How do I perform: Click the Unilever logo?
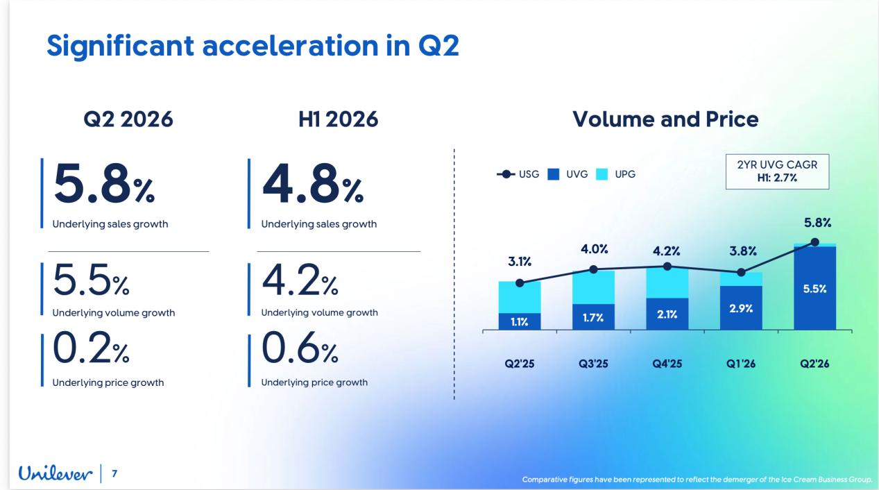click(56, 473)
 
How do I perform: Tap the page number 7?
click(114, 473)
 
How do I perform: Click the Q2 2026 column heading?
click(128, 119)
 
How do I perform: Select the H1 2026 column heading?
click(339, 119)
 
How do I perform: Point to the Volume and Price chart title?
click(665, 119)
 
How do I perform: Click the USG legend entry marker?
click(506, 174)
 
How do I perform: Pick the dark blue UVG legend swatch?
click(554, 174)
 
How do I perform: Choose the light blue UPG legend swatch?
click(601, 174)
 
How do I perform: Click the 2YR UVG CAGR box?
click(777, 171)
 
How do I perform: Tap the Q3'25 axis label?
click(593, 364)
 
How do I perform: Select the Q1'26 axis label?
click(741, 364)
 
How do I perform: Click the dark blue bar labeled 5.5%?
click(814, 288)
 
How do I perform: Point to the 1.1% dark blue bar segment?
click(520, 321)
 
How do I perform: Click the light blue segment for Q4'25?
click(667, 283)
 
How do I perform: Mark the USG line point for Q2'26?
click(814, 242)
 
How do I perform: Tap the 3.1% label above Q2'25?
click(520, 261)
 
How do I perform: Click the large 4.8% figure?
click(313, 184)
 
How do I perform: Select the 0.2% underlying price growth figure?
click(91, 348)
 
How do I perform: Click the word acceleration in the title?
click(290, 46)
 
